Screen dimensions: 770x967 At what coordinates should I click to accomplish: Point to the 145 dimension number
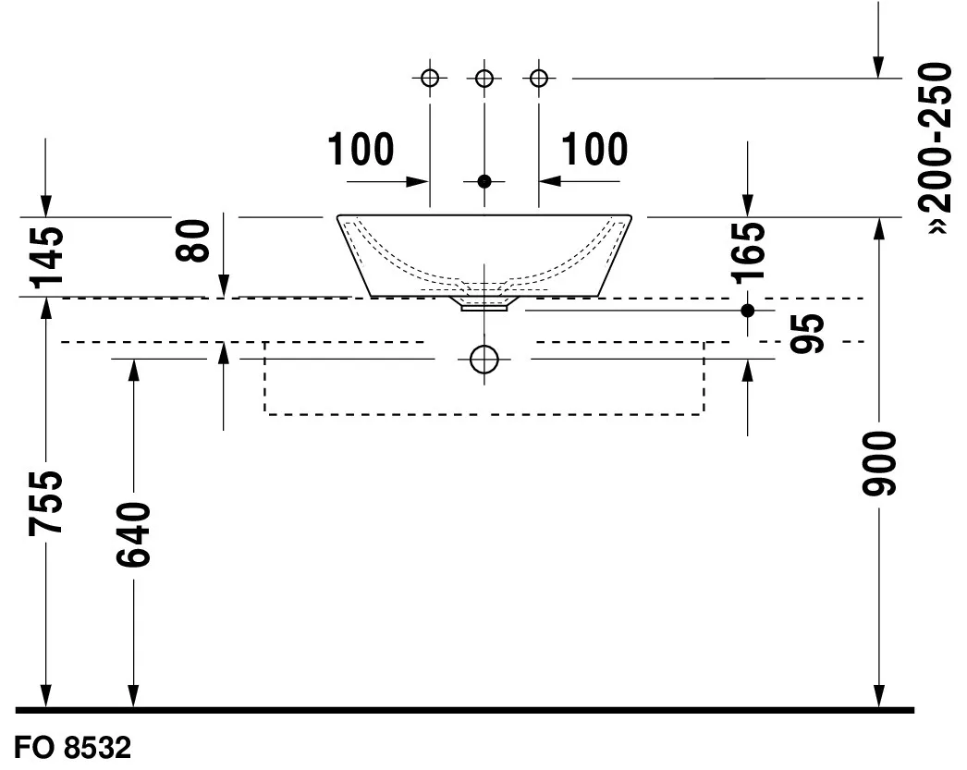[46, 255]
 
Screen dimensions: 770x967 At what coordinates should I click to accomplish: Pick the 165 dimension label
[750, 251]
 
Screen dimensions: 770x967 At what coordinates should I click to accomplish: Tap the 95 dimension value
[808, 334]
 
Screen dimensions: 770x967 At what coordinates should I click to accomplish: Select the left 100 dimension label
[361, 150]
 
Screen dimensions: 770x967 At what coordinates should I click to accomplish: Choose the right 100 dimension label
[594, 150]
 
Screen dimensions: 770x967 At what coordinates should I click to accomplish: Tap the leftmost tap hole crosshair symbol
[430, 78]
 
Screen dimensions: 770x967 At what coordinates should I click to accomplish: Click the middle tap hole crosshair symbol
[483, 78]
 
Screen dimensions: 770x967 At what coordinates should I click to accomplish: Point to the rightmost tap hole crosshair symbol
[538, 78]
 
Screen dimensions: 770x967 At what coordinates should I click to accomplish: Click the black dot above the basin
[483, 181]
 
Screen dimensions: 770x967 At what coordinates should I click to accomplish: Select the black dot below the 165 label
[749, 310]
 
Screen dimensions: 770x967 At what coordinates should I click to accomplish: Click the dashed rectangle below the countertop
[484, 413]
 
